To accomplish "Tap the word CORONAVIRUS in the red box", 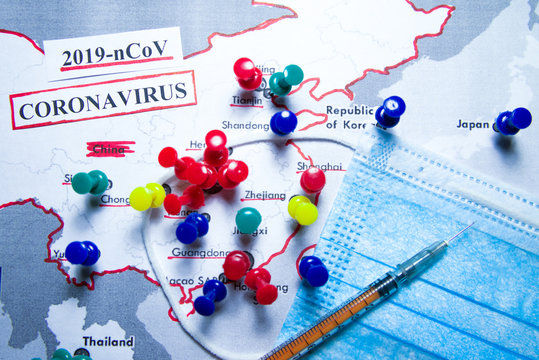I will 103,98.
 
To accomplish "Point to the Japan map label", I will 473,124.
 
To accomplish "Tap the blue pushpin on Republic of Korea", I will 390,110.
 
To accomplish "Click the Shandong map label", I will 245,126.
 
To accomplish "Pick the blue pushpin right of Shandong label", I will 283,122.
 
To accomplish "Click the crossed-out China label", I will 109,149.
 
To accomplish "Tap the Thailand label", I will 108,341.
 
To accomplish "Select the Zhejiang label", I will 264,195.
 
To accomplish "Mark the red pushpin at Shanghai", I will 313,180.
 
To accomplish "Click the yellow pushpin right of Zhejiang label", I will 303,209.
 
